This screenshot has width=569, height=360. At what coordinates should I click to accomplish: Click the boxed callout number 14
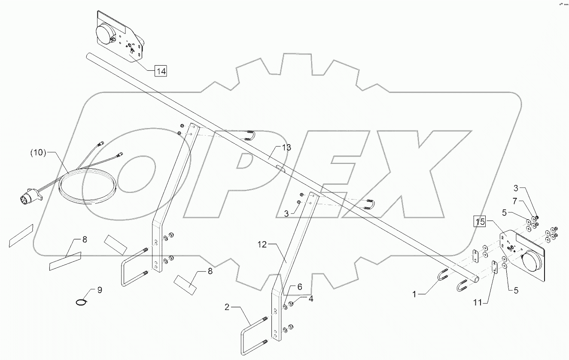coord(161,71)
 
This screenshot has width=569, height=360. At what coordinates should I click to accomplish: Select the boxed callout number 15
coord(480,221)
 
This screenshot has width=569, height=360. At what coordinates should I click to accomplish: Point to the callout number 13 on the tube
coord(286,148)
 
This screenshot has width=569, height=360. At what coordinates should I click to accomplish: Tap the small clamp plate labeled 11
coord(494,267)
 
